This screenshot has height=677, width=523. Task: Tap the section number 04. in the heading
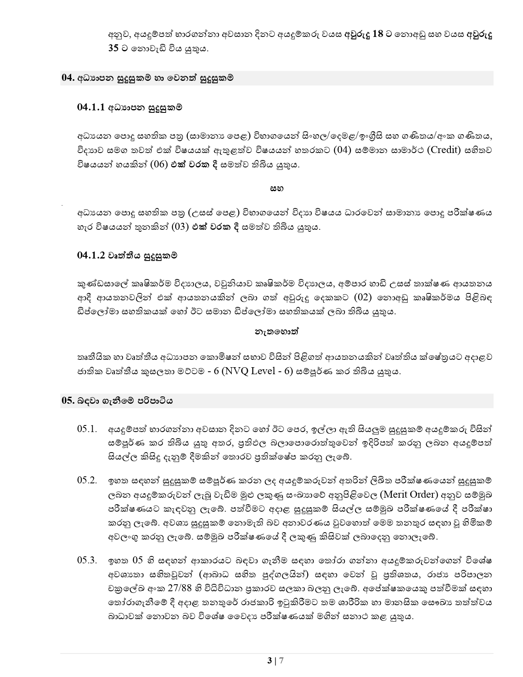tap(67, 78)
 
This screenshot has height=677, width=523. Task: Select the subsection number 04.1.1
tap(91, 107)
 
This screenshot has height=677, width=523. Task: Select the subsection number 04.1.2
tap(91, 255)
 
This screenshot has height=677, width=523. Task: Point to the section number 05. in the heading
tap(67, 401)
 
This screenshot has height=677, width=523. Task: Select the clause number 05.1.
tap(87, 429)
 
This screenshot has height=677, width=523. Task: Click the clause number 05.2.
tap(87, 480)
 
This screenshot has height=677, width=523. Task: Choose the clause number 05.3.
tap(87, 560)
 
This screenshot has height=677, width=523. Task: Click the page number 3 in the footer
tap(269, 661)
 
